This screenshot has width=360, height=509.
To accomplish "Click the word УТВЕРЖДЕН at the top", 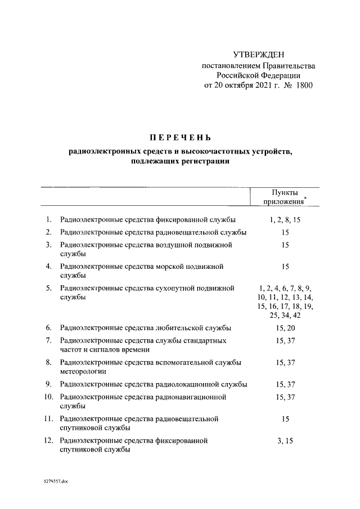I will coord(259,55).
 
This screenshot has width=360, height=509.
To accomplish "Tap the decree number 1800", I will coord(302,86).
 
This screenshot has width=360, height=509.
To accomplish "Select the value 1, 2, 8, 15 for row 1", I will coord(285,219).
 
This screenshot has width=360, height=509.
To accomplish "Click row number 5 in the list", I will coord(49,289).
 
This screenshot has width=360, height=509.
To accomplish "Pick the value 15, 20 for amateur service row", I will coord(285,328).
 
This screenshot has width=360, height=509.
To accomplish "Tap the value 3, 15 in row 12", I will coord(285,441).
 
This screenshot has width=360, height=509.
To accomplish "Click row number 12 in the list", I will coord(48,441).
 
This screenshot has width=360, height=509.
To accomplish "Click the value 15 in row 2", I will coord(285,232).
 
